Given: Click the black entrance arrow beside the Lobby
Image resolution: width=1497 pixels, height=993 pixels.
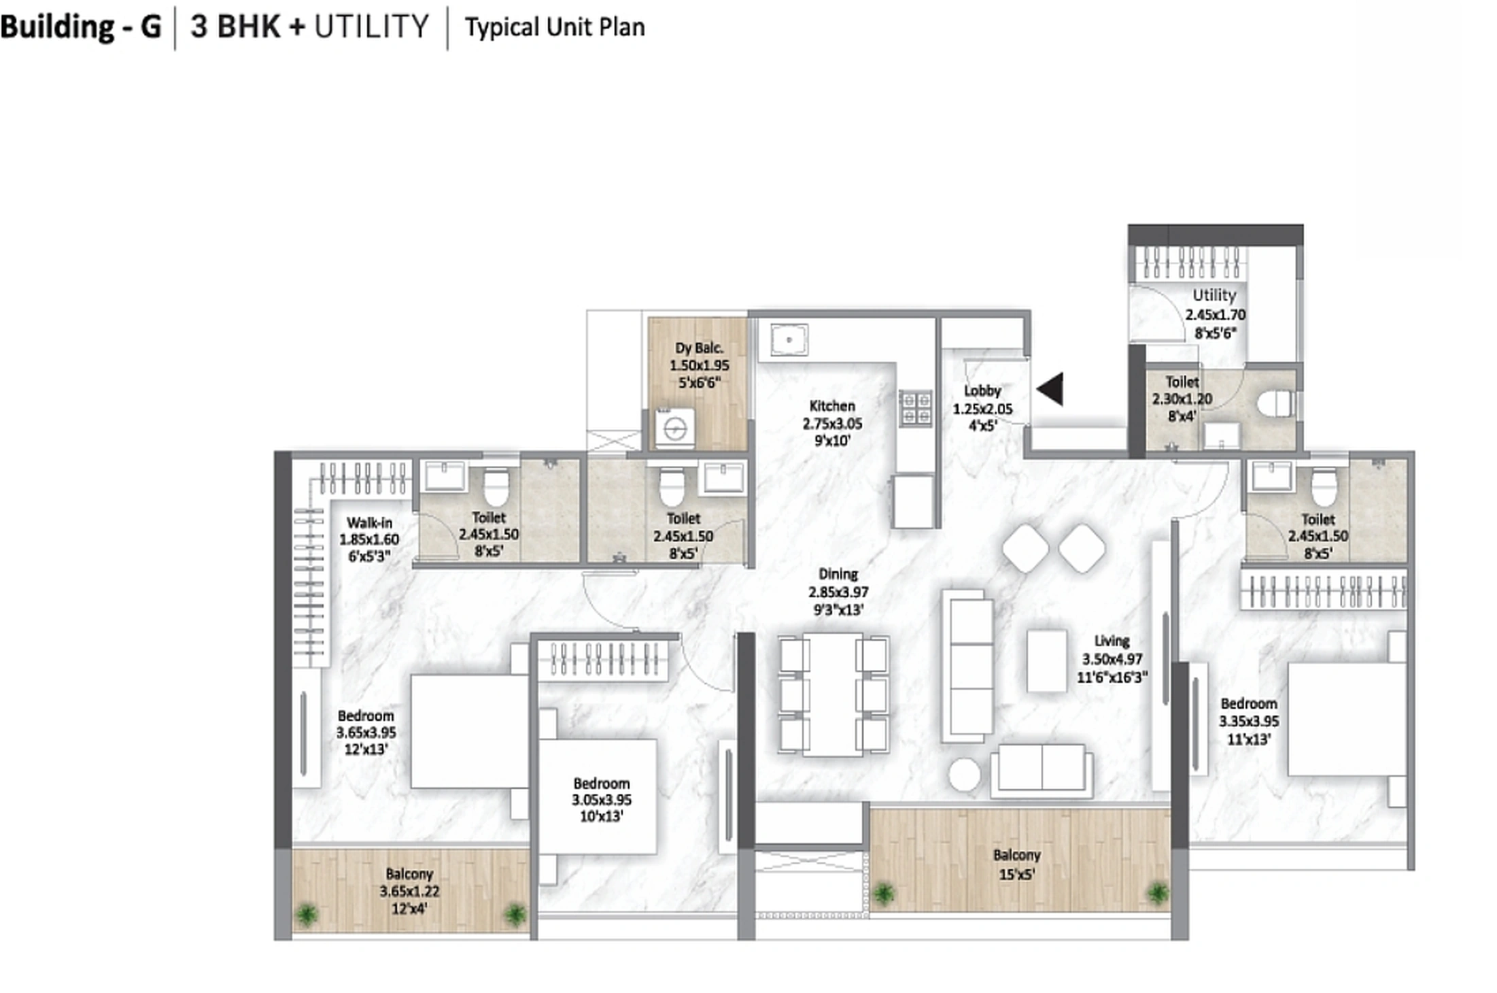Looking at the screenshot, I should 1051,390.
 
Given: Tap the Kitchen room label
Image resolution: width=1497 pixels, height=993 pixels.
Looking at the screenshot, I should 832,406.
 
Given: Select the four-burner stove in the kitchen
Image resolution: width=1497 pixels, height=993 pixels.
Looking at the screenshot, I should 915,407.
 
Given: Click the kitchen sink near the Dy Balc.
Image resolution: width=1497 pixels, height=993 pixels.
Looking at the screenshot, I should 789,339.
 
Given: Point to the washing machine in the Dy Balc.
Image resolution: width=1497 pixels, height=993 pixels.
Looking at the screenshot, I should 675,428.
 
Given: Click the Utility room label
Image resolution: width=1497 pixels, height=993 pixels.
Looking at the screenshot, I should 1214,296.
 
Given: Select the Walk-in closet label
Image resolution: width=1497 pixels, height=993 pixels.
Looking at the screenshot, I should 369,523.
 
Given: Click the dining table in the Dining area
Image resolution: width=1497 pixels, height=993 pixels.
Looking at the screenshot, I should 833,694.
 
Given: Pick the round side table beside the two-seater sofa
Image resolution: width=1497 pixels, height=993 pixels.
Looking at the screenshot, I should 965,775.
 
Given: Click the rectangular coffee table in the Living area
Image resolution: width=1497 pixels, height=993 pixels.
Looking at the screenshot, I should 1046,660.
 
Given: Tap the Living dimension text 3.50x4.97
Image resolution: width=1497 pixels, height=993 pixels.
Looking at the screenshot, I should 1112,659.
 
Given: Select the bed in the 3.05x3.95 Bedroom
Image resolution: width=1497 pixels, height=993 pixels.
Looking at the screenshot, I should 598,796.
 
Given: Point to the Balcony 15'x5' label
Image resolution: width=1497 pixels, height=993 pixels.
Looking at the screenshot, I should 1016,864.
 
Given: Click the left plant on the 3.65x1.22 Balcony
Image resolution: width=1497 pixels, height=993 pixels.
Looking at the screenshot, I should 307,914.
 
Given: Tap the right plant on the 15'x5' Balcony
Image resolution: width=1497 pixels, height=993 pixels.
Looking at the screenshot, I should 1157,892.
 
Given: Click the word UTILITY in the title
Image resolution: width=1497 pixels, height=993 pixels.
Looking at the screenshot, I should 371,27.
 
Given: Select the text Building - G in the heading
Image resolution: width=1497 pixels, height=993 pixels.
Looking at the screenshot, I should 80,27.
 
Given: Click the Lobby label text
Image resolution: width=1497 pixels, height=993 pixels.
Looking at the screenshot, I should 982,391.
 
